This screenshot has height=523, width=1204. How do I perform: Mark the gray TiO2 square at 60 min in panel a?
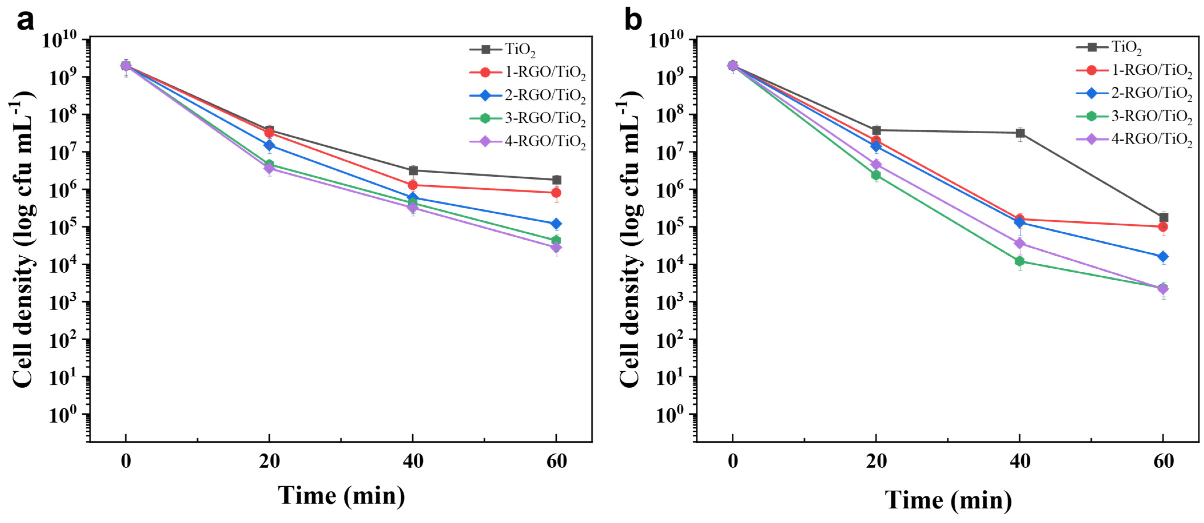[556, 180]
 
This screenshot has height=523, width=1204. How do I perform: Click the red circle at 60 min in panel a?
[556, 192]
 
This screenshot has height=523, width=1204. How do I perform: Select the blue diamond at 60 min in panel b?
[1163, 256]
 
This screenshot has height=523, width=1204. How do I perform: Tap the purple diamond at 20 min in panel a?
[269, 168]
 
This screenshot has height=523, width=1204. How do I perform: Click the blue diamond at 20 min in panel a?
[269, 145]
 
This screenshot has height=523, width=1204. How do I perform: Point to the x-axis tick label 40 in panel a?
[413, 461]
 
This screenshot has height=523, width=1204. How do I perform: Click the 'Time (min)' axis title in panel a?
[341, 496]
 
